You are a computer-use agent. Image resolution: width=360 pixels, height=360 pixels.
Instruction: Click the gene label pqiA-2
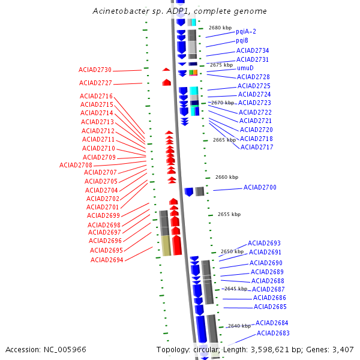coord(246,31)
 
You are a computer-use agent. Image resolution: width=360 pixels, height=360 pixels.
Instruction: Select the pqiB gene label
coord(242,40)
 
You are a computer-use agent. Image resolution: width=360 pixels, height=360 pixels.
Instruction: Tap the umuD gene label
coord(245,68)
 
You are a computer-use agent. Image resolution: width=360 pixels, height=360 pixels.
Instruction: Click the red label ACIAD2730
coord(95,70)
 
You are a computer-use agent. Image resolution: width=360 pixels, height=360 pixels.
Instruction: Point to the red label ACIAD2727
coord(95,83)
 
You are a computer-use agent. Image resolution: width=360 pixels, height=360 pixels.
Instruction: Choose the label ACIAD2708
coord(76,165)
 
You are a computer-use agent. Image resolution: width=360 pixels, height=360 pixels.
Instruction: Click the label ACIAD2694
coord(107,260)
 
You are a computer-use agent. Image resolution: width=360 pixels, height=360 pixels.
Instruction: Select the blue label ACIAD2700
coord(260,188)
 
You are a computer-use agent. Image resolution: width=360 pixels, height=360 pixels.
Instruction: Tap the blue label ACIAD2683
coord(273,333)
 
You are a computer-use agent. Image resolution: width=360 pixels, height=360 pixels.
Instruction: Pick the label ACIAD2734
coord(253,51)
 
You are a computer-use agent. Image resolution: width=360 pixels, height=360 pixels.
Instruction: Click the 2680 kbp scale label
coord(220,28)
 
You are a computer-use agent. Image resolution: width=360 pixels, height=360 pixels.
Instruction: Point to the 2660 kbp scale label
coord(227,177)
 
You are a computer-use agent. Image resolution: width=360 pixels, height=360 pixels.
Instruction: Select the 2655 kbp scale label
coord(229,214)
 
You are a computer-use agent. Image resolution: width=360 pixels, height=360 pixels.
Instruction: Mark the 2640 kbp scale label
coord(239,326)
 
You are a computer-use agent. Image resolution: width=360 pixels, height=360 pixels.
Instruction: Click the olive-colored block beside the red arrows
coord(166,245)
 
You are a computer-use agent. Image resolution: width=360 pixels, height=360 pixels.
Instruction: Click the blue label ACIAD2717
coord(257,147)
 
